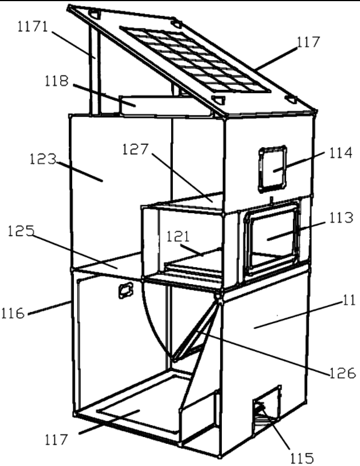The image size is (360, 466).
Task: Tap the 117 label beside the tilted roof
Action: coord(307,41)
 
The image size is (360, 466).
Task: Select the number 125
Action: coord(22,233)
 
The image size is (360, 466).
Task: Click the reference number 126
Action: coord(342,373)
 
